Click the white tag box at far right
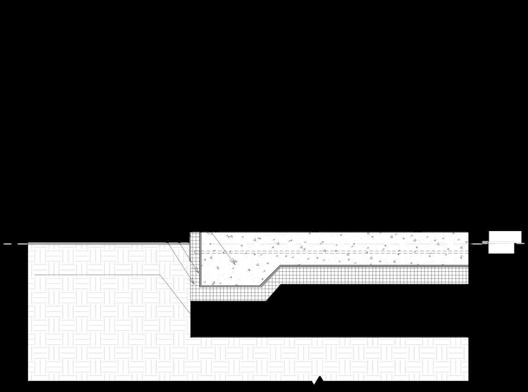[505, 241]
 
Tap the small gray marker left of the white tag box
[485, 243]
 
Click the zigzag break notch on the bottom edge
[317, 380]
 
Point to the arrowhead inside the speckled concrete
[234, 262]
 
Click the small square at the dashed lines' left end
[196, 252]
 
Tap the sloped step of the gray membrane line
[270, 276]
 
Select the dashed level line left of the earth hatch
[14, 244]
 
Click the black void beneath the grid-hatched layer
[328, 318]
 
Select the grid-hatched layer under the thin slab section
[374, 276]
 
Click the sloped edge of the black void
[273, 293]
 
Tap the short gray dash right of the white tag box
[521, 243]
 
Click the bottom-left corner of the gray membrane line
[201, 285]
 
